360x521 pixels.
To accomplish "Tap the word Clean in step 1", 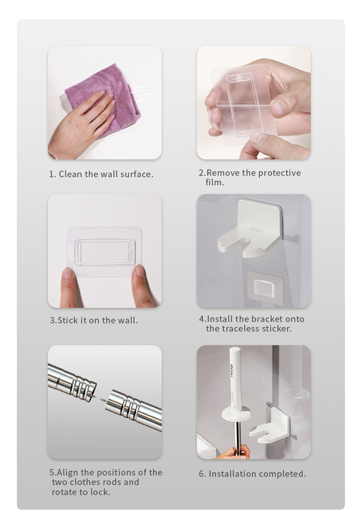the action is click(70, 174).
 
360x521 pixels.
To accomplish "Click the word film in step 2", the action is click(214, 183).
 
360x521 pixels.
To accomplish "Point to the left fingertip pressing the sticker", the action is click(68, 273).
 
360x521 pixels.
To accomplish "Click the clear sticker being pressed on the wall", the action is click(104, 251).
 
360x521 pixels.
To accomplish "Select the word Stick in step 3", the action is click(68, 320).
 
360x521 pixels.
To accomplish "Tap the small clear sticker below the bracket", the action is click(265, 288).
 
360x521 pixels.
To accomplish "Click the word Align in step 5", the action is click(67, 473).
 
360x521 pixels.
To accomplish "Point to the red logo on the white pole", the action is click(231, 370).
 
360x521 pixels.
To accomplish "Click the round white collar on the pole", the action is click(237, 414).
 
